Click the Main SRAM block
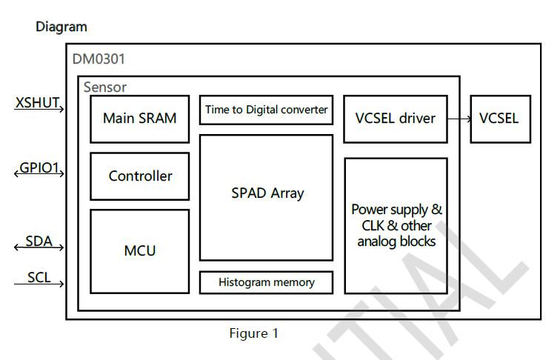(139, 119)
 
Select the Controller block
(139, 176)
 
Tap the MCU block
(139, 251)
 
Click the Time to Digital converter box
(266, 110)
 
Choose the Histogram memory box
(266, 282)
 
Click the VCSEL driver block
(396, 119)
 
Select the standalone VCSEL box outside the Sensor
(499, 119)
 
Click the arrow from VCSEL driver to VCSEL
(459, 119)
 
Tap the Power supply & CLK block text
(396, 225)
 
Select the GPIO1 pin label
(39, 167)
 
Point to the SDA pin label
(39, 241)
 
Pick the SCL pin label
(39, 277)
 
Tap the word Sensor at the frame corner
(104, 87)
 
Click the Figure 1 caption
(253, 333)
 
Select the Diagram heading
(61, 27)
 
